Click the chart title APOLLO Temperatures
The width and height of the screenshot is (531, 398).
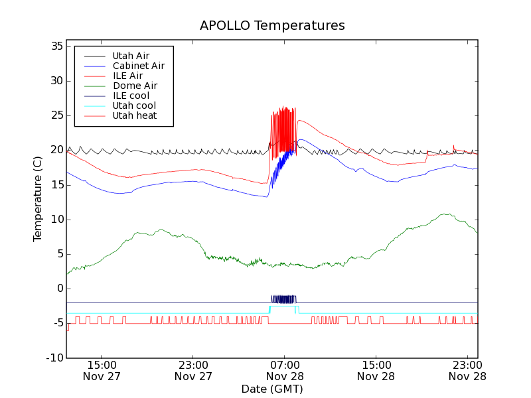(272, 26)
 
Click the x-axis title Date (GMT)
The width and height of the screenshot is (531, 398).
(272, 389)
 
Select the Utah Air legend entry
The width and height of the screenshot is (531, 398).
(131, 56)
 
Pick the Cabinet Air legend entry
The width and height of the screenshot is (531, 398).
(138, 66)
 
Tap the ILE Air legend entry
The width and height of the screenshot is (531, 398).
(127, 76)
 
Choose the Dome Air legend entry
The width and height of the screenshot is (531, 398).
(135, 86)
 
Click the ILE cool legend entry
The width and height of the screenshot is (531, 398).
(131, 96)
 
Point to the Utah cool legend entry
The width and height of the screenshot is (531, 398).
(134, 105)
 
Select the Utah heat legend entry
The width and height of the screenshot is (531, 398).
(135, 115)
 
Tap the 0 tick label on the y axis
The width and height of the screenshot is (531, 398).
(59, 289)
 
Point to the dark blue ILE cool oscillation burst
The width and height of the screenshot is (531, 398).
(283, 299)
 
